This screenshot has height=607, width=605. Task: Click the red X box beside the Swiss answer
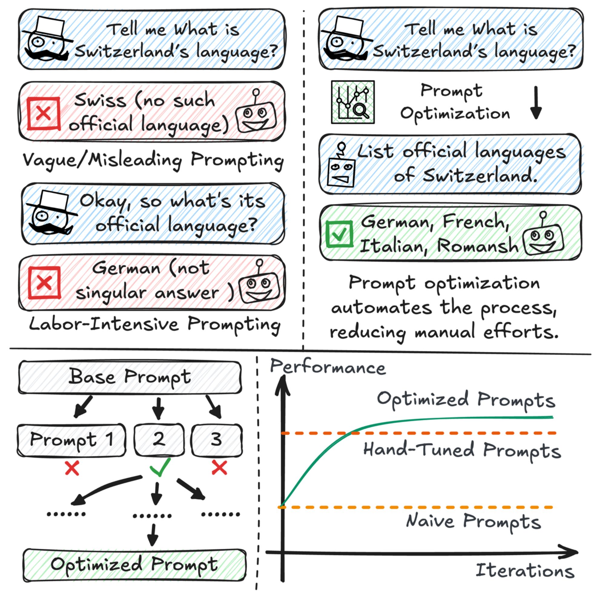coord(44,113)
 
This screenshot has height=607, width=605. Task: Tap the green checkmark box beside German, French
coord(339,234)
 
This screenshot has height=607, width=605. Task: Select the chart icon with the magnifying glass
coord(353,102)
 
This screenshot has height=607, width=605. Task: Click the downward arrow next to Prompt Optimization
coord(536,103)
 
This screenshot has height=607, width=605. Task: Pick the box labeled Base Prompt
coord(130,377)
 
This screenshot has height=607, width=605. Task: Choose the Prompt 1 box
coord(71,440)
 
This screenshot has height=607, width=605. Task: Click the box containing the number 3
coord(217,440)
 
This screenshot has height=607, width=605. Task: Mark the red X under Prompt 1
coord(72,468)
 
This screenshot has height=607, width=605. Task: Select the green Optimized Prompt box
coord(134,565)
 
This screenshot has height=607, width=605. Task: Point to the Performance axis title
coord(328,367)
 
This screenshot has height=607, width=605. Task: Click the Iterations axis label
coord(525,570)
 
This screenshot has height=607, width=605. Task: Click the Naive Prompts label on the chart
coord(473,522)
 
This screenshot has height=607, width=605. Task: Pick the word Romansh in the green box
coord(478,245)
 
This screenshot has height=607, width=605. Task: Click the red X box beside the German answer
coord(44,283)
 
